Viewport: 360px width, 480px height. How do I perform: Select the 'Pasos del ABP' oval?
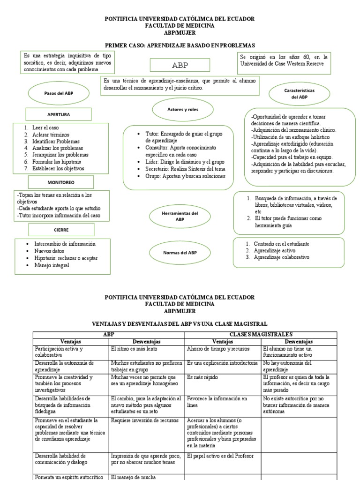click(x=59, y=93)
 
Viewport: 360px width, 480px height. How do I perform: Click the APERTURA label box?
click(x=59, y=114)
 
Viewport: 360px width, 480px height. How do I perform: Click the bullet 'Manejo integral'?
click(x=52, y=265)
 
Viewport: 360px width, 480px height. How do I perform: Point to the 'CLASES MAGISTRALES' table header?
click(x=260, y=334)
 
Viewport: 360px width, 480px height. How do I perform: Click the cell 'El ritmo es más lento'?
click(x=134, y=349)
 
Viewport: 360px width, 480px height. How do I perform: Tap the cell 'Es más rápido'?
click(x=202, y=377)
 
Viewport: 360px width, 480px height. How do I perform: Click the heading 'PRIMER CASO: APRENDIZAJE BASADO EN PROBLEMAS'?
click(x=180, y=45)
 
